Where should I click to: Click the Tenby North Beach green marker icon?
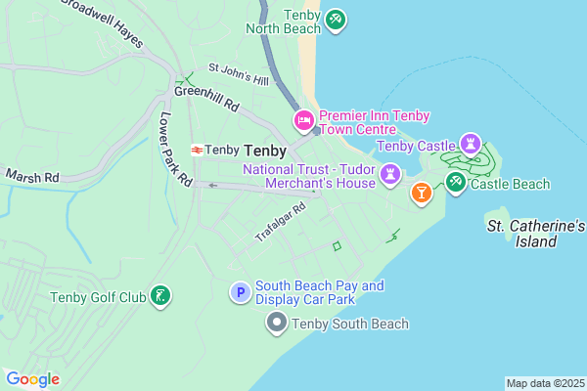336,20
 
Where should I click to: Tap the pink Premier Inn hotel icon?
303,121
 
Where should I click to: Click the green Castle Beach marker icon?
455,182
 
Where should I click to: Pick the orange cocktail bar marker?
421,193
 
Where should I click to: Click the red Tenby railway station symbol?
197,151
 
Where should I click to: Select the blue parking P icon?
240,292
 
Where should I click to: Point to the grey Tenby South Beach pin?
277,323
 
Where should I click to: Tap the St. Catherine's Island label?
536,234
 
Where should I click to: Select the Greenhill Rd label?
207,97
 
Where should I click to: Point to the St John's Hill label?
238,74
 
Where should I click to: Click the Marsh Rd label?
32,177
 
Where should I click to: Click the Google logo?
33,379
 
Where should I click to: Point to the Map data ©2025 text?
545,383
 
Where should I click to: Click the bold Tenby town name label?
265,151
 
